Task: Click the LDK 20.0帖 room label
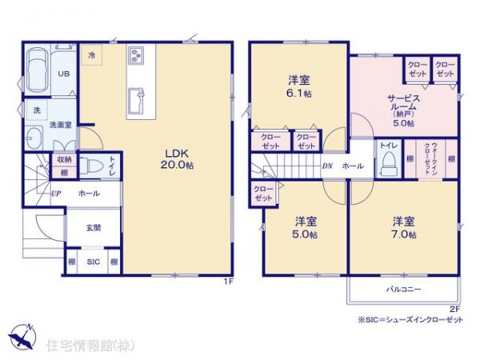click(178, 158)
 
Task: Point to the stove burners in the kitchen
click(135, 56)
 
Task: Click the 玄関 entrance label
click(93, 227)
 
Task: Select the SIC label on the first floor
click(93, 261)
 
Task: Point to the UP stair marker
click(56, 194)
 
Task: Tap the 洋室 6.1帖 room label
click(299, 86)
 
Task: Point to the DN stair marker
click(326, 166)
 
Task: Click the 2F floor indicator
click(454, 309)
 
